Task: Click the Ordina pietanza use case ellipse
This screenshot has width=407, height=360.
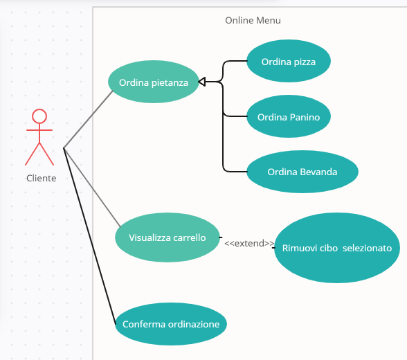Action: [x=154, y=82]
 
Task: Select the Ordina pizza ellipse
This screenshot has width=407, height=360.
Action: [x=288, y=62]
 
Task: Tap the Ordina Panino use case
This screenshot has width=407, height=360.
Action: [x=288, y=117]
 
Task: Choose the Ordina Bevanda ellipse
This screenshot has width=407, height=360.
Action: [x=302, y=172]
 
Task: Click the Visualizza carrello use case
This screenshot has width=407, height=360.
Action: [x=168, y=237]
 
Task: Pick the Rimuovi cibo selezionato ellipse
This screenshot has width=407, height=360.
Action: [x=336, y=248]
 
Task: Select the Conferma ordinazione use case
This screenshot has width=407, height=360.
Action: [x=170, y=324]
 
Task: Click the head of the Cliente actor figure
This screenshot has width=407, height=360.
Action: [x=39, y=116]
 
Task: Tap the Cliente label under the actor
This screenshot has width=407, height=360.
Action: [x=42, y=178]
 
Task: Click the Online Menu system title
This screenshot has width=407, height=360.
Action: [x=253, y=20]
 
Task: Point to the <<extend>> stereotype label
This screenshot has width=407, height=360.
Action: [x=248, y=243]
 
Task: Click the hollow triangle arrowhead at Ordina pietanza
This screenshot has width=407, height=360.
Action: [x=202, y=82]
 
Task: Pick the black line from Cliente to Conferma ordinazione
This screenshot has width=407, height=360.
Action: [x=89, y=235]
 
